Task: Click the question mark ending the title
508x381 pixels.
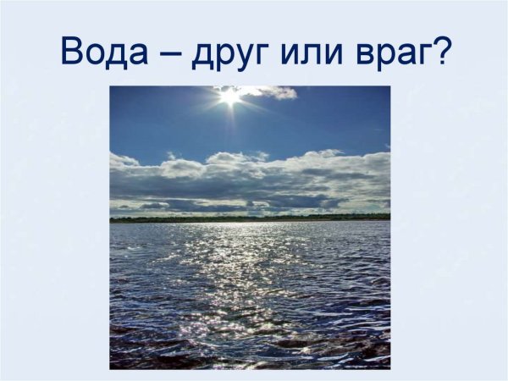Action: coord(441,50)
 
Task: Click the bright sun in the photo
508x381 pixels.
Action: coord(229,96)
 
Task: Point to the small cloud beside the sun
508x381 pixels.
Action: coord(273,92)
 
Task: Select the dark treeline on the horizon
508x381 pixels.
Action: coord(250,218)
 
